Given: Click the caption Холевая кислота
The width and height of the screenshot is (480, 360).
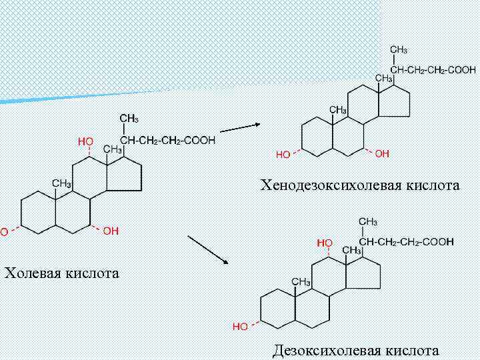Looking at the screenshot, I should click(62, 273).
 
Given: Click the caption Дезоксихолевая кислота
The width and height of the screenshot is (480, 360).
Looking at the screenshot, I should click(356, 350).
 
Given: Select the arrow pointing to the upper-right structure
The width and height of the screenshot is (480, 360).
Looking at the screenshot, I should click(240, 127).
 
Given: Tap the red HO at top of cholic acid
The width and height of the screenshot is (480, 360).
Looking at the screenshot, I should click(85, 141).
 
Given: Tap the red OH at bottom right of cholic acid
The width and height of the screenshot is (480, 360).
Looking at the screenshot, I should click(111, 231).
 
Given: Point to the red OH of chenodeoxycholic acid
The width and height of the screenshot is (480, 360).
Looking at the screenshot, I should click(382, 154).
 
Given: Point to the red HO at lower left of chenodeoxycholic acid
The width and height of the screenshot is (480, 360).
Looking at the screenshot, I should click(283, 155).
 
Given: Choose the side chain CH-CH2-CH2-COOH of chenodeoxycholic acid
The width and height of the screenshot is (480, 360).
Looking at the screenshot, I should click(433, 69).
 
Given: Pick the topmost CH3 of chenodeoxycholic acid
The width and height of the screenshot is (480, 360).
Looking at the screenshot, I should click(399, 50).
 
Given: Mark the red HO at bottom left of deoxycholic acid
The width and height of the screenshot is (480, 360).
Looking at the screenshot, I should click(240, 327).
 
